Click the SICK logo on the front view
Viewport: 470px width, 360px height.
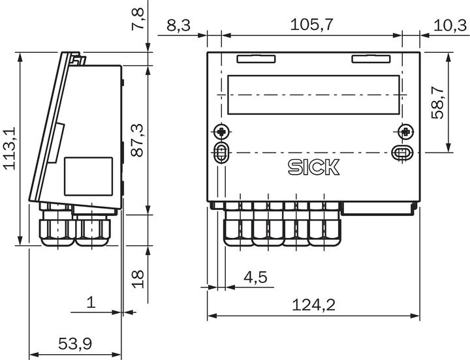(313, 167)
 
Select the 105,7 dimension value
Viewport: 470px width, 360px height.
(312, 25)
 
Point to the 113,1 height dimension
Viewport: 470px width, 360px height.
(10, 149)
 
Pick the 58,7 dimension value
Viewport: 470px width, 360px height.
(438, 103)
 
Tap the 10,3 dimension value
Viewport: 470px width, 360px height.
(450, 25)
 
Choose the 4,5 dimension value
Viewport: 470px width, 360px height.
(255, 277)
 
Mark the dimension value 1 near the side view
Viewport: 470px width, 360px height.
(91, 303)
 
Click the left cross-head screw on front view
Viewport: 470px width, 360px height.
(221, 132)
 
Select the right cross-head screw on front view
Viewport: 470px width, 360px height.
(406, 132)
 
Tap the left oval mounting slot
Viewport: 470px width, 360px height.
(221, 153)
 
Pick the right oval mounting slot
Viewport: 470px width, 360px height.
(401, 153)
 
